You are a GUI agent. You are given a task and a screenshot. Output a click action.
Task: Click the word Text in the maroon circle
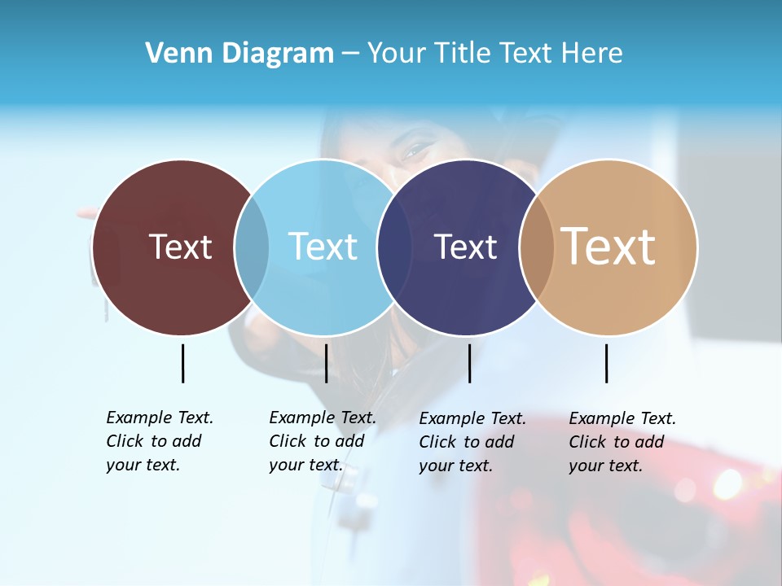pos(180,247)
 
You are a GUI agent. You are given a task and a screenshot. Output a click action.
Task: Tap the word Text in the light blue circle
pos(323,247)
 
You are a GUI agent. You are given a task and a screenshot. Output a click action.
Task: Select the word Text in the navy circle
pos(465,247)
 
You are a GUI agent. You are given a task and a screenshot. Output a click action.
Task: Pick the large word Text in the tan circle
pos(608,247)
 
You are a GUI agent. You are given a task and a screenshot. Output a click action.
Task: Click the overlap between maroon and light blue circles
pos(252,247)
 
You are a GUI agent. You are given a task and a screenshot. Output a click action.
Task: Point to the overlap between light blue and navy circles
pos(394,247)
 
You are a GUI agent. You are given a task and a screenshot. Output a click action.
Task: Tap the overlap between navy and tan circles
pos(537,247)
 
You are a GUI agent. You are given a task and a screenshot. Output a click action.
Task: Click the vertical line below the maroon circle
pos(182,363)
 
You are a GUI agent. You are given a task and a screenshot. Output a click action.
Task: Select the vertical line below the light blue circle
pos(326,363)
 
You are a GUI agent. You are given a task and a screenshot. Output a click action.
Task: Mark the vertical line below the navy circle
pos(469,363)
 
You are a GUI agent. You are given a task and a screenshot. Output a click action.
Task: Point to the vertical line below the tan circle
pos(606,363)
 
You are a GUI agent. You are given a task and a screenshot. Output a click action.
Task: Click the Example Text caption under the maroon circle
pos(159,441)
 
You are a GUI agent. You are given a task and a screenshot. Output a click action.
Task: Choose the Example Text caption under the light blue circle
pos(322,441)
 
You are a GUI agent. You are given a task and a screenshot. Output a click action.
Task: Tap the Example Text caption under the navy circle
pos(472,442)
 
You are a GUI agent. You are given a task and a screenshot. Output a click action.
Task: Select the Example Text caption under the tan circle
pos(622,442)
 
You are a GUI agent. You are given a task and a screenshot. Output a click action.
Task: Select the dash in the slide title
pos(350,54)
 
